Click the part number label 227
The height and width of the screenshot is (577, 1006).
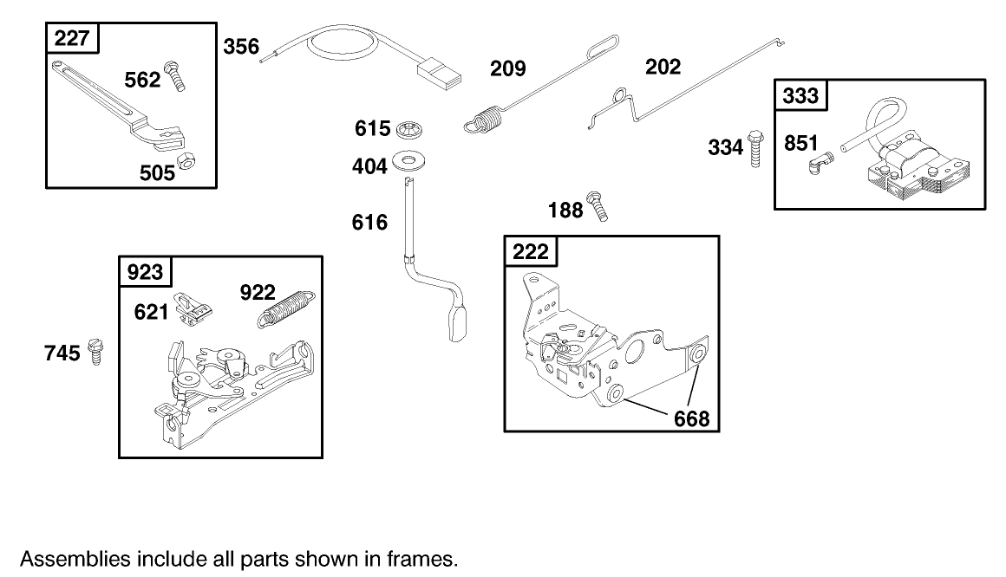(73, 39)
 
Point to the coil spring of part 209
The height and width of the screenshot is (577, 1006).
(487, 116)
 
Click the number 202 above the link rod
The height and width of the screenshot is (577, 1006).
(663, 67)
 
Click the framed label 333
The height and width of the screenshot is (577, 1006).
(800, 95)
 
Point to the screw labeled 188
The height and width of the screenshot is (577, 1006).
(598, 205)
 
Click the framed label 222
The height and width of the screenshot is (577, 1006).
(531, 251)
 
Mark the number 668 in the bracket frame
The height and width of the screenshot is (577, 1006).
(691, 419)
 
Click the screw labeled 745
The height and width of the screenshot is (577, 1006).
(95, 353)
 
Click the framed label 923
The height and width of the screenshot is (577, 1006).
(145, 272)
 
